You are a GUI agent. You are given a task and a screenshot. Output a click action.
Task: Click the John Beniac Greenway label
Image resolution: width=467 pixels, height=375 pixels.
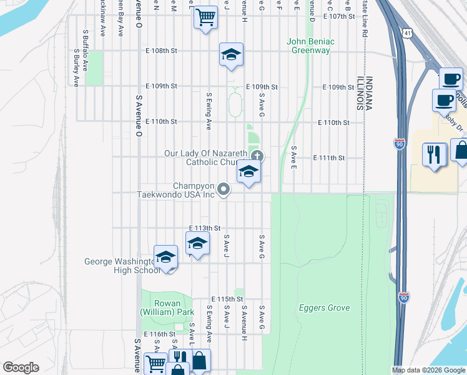(x=310, y=46)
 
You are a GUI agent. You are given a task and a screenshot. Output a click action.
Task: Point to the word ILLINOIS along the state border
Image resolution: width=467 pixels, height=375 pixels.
(x=360, y=94)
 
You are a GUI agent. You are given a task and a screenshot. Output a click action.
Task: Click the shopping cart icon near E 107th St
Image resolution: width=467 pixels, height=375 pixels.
(x=205, y=17)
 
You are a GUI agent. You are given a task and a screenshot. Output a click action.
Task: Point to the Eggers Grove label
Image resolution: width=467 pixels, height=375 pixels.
(x=324, y=307)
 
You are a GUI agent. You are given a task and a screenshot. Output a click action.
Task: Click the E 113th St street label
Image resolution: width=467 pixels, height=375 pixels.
(x=205, y=228)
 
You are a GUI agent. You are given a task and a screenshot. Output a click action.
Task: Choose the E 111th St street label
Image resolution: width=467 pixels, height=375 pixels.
(x=329, y=157)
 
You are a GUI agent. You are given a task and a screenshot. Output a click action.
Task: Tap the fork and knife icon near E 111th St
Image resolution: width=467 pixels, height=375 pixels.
(x=434, y=153)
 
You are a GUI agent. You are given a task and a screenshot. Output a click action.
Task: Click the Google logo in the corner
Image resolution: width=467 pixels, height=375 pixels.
(x=21, y=367)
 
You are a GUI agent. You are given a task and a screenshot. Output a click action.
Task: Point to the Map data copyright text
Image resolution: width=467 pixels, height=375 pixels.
(x=428, y=370)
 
